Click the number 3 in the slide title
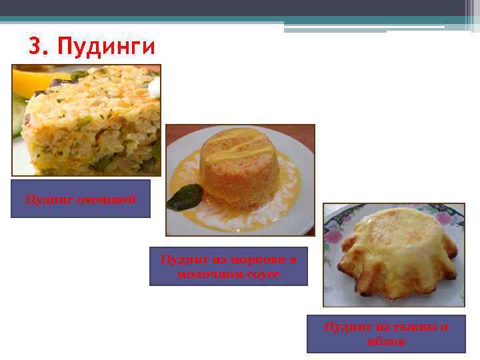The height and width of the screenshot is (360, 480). (35, 47)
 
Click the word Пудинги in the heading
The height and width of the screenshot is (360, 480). (106, 47)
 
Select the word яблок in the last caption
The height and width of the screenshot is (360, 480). (386, 341)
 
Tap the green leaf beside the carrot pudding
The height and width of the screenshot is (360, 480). (185, 197)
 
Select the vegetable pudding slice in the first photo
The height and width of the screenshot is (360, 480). (93, 123)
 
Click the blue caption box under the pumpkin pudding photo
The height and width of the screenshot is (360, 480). (386, 334)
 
